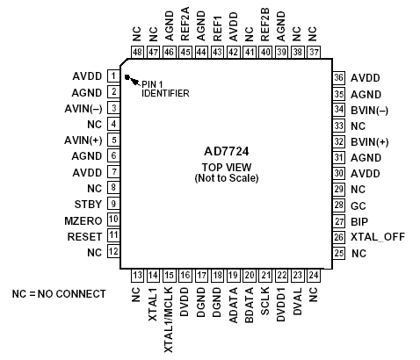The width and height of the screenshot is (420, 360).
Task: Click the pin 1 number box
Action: [113, 76]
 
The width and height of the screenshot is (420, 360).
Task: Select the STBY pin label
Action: [88, 204]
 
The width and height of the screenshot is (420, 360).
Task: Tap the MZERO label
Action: [83, 220]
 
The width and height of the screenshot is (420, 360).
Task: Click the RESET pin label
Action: [84, 236]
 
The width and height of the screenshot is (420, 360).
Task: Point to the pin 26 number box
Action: [339, 236]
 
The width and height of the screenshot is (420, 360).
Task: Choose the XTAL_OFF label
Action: [378, 237]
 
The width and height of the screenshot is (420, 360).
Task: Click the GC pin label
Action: [358, 206]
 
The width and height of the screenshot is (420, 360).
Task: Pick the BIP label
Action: [359, 222]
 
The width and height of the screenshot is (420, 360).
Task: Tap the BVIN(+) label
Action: [370, 142]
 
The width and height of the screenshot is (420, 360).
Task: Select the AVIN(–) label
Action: [83, 109]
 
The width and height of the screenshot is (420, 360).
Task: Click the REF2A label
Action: [185, 24]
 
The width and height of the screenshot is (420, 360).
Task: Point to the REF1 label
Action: [217, 28]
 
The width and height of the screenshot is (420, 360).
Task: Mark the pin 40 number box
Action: [265, 52]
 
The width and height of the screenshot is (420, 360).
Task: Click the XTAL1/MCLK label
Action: [169, 320]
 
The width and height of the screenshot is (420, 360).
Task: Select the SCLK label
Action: [264, 301]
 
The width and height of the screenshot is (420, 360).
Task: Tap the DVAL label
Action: [297, 301]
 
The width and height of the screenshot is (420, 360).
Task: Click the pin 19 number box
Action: [233, 276]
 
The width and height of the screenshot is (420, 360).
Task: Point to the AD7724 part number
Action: [227, 151]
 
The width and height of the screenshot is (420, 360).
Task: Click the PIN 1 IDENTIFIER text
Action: [165, 89]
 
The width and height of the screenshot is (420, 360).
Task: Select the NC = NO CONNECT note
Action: [59, 293]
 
